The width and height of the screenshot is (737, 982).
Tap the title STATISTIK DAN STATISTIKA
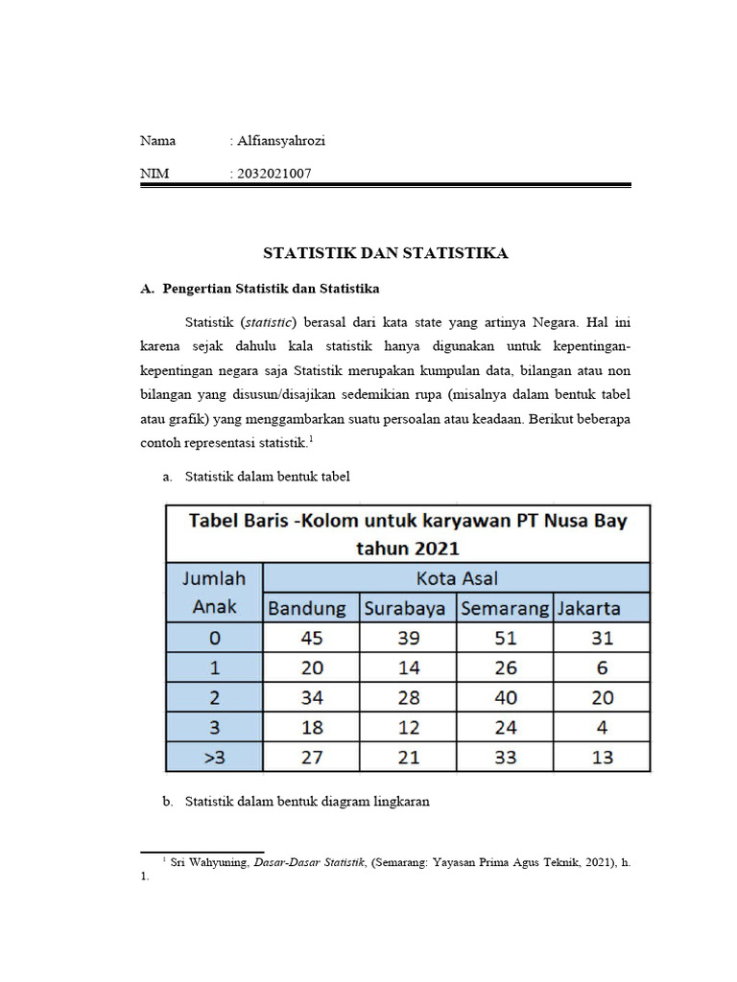click(x=386, y=253)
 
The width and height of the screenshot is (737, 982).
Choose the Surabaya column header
click(x=408, y=608)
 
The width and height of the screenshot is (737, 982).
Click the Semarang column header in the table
click(x=505, y=608)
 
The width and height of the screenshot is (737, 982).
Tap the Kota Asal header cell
click(x=457, y=578)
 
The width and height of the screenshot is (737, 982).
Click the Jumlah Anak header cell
click(x=214, y=593)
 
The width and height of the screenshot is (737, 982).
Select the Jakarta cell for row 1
click(x=602, y=668)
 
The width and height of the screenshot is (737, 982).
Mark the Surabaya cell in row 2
click(x=408, y=698)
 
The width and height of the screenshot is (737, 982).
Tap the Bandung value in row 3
click(x=312, y=728)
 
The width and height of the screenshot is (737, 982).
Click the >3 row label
click(x=214, y=758)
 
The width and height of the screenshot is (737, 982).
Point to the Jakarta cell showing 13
click(x=602, y=758)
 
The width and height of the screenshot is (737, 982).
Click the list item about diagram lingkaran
click(x=307, y=802)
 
